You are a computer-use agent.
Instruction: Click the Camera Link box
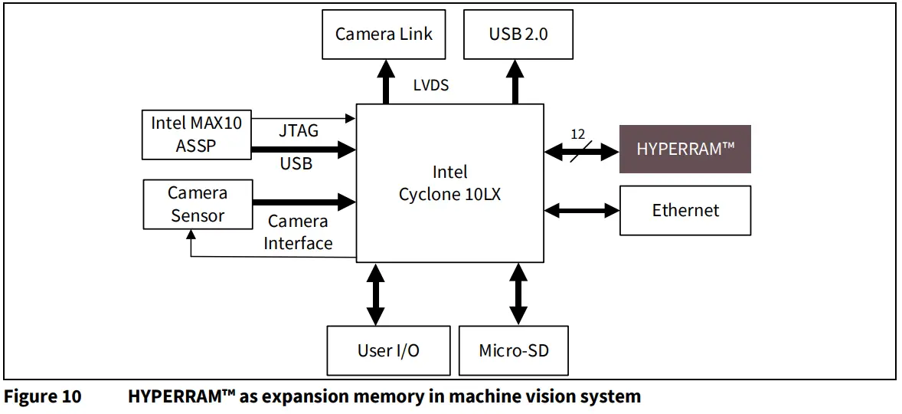tap(384, 34)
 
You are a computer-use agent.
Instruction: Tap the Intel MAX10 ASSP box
tap(197, 134)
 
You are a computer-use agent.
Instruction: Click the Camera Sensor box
tap(198, 204)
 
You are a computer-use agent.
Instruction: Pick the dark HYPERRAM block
tap(685, 149)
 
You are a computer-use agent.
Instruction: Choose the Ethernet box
tap(685, 209)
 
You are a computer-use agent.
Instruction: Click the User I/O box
tap(388, 350)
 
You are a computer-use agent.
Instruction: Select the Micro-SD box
tap(513, 350)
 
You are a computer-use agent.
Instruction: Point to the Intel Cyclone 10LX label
tap(449, 183)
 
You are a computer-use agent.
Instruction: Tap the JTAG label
tap(299, 131)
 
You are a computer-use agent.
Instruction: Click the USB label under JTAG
tap(296, 163)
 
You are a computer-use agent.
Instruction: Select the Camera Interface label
tap(298, 232)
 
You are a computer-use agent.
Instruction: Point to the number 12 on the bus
tap(578, 134)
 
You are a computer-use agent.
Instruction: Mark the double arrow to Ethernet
tap(582, 209)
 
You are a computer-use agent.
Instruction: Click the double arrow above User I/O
tap(375, 294)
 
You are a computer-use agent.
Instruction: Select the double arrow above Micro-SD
tap(518, 294)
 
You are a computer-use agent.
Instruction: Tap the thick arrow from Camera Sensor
tap(304, 202)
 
